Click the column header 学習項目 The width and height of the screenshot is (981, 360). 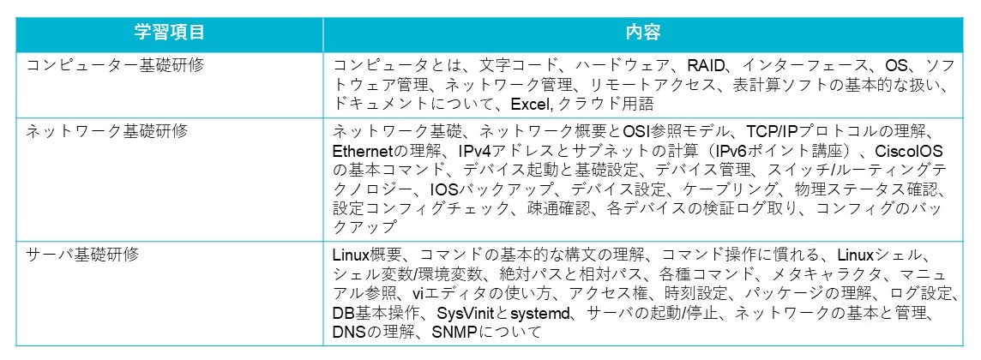pos(169,33)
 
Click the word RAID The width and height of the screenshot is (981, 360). pos(704,66)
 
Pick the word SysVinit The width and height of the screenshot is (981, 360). pos(466,312)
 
